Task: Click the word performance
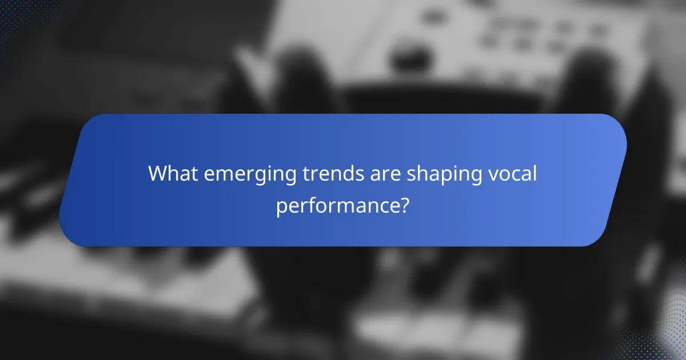tap(337, 205)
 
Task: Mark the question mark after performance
tap(404, 204)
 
